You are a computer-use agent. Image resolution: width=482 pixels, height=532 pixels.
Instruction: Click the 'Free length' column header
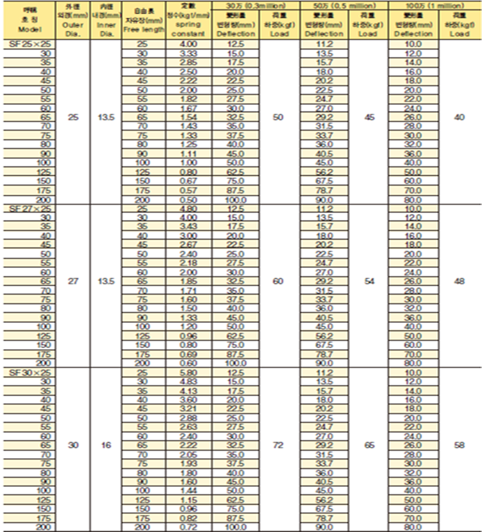click(144, 29)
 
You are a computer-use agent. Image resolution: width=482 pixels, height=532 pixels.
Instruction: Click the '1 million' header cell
click(435, 6)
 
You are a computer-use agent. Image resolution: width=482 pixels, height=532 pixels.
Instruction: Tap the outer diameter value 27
click(73, 281)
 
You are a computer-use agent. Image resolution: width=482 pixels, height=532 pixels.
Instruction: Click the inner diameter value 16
click(106, 445)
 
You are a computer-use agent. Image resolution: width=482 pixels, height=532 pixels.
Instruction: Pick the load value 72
click(279, 445)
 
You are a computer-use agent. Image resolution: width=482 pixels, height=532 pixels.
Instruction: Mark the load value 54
click(369, 281)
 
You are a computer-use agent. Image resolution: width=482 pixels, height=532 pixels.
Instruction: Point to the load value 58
click(459, 445)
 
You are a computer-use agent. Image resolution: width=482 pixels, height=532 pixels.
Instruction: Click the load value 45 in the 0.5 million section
click(369, 117)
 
